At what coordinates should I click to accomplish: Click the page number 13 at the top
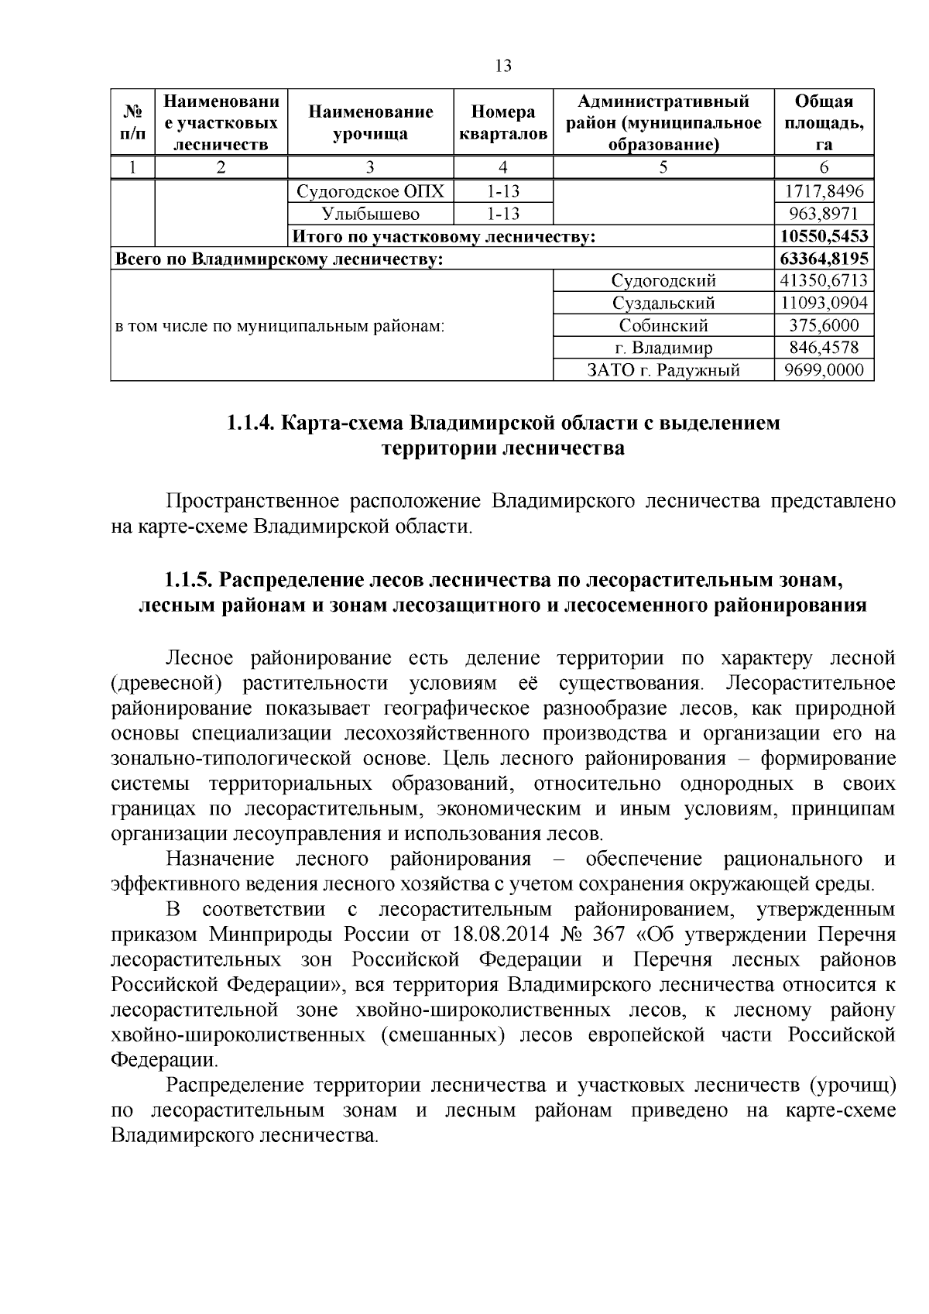[503, 66]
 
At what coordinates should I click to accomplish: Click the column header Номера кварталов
[503, 122]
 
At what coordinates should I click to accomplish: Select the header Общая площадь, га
[824, 122]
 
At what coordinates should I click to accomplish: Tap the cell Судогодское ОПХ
[370, 191]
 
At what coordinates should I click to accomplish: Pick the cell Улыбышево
[370, 214]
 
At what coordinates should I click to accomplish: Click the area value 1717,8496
[824, 191]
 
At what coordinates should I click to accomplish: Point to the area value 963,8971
[824, 214]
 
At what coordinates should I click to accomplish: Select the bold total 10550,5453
[824, 236]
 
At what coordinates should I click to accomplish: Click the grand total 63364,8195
[824, 259]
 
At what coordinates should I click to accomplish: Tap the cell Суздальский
[663, 304]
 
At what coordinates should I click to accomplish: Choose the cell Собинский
[663, 326]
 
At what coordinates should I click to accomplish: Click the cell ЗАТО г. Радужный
[663, 371]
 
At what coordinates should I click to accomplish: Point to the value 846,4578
[824, 348]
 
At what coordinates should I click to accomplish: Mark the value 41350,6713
[824, 281]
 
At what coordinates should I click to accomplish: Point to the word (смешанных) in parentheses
[438, 1035]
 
